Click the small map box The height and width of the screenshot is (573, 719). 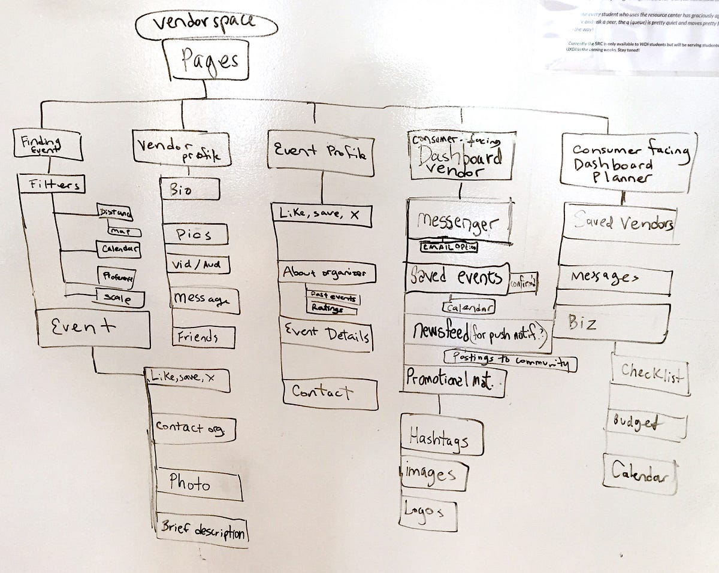(125, 231)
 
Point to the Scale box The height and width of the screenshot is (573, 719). (120, 298)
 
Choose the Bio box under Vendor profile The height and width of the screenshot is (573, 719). (189, 190)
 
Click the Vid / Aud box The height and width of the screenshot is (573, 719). (198, 264)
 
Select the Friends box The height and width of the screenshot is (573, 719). (204, 337)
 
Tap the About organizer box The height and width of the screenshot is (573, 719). (328, 273)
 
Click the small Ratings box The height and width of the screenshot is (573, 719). (331, 308)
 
